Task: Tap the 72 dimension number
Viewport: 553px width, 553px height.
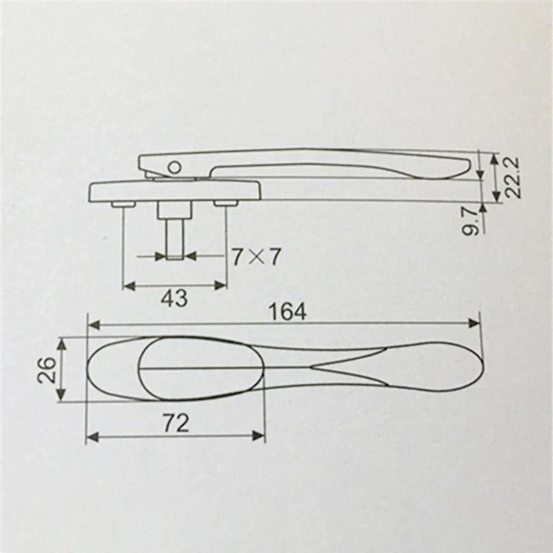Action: [176, 424]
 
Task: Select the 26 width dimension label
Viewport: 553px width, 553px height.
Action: [46, 369]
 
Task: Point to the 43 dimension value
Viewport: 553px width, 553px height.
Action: [174, 298]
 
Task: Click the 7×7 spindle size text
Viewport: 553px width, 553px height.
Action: [256, 257]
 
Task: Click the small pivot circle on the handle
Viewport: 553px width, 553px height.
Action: [175, 166]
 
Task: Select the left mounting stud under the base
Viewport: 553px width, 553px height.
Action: [123, 205]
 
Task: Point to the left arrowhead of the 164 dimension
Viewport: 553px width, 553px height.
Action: [93, 325]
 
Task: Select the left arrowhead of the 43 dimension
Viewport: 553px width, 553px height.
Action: [127, 286]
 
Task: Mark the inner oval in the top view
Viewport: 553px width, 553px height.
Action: [199, 367]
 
